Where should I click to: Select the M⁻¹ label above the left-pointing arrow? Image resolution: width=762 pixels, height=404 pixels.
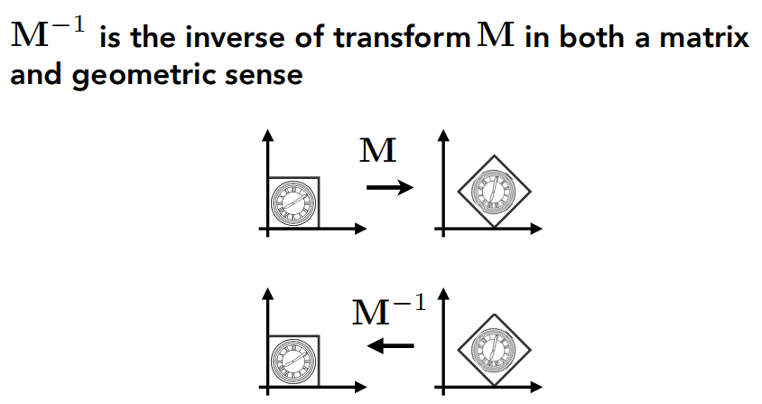click(387, 311)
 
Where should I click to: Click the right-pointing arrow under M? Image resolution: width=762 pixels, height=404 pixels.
click(388, 188)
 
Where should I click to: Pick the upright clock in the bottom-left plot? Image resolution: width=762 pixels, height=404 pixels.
click(293, 360)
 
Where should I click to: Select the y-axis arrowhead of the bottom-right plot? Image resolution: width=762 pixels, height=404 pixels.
click(443, 295)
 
